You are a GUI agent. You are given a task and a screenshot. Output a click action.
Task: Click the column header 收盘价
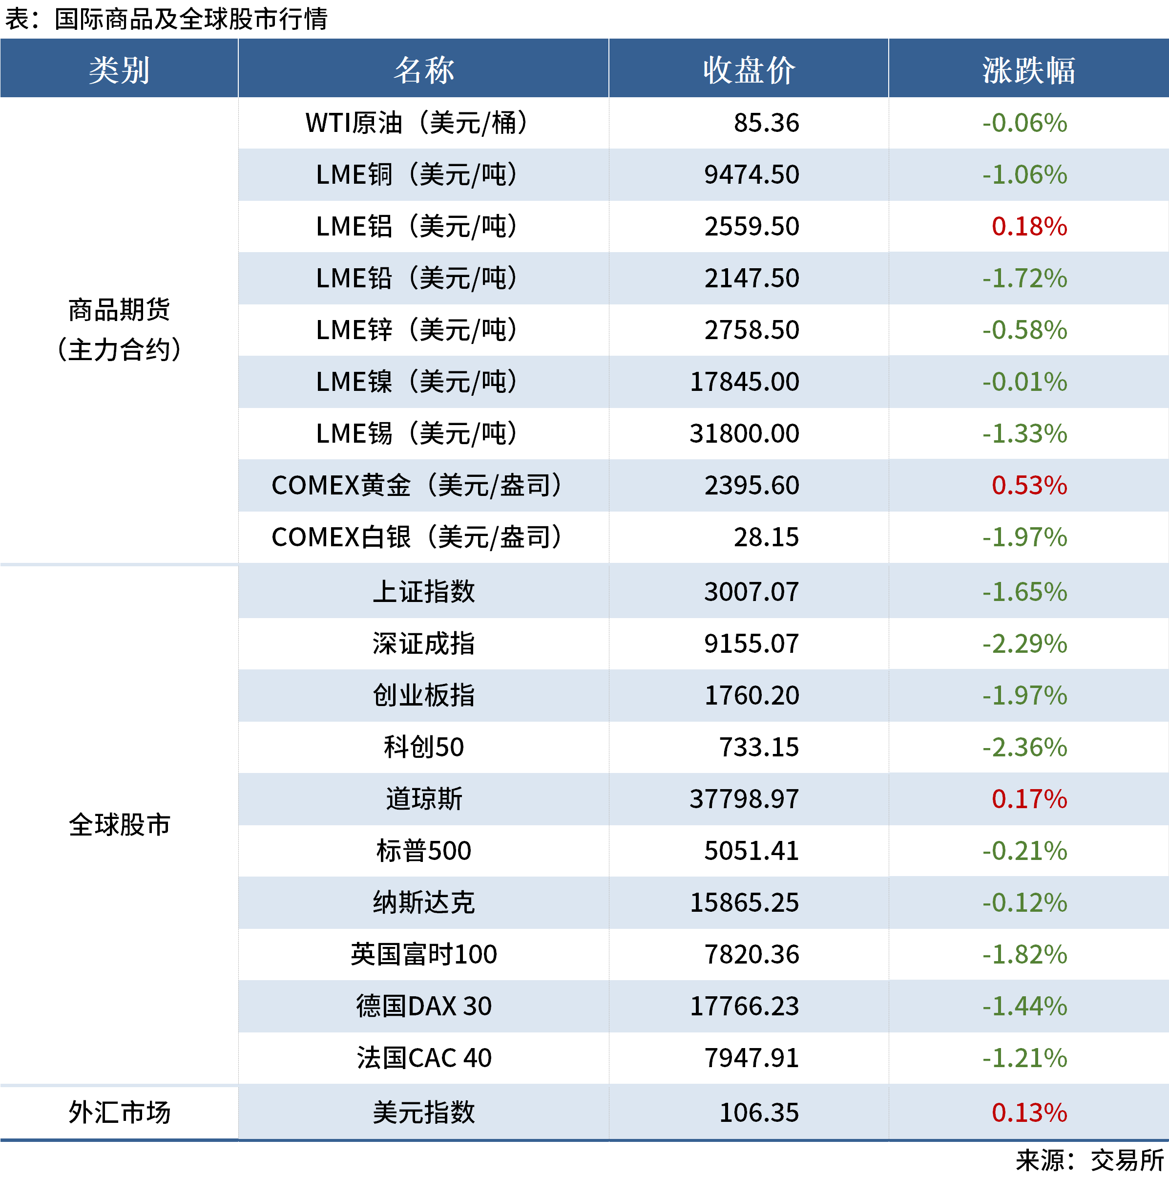pyautogui.click(x=749, y=69)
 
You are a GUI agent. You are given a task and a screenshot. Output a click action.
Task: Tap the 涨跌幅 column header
pyautogui.click(x=1028, y=69)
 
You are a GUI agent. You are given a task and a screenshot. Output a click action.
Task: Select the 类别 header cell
pyautogui.click(x=119, y=69)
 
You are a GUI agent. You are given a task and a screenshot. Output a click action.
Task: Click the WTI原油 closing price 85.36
pyautogui.click(x=766, y=123)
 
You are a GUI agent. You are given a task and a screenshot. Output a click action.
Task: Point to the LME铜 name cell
pyautogui.click(x=417, y=175)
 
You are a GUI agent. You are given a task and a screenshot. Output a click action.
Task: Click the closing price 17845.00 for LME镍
pyautogui.click(x=744, y=382)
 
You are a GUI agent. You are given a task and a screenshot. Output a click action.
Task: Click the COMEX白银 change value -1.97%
pyautogui.click(x=1025, y=537)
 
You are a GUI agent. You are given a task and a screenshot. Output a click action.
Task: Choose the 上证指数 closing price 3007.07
pyautogui.click(x=751, y=592)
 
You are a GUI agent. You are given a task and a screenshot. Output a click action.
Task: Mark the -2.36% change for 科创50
pyautogui.click(x=1025, y=748)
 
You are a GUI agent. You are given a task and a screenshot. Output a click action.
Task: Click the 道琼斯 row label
pyautogui.click(x=424, y=799)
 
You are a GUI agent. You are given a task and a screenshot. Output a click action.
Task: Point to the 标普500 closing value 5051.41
pyautogui.click(x=751, y=851)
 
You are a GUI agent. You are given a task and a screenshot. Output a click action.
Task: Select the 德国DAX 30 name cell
pyautogui.click(x=424, y=1006)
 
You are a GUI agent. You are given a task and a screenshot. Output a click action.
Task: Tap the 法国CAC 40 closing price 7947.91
pyautogui.click(x=751, y=1058)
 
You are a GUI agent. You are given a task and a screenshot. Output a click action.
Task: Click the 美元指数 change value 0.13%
pyautogui.click(x=1029, y=1112)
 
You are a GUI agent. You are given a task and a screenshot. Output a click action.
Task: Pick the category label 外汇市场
pyautogui.click(x=119, y=1112)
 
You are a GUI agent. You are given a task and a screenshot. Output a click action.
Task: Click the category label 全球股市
pyautogui.click(x=119, y=825)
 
